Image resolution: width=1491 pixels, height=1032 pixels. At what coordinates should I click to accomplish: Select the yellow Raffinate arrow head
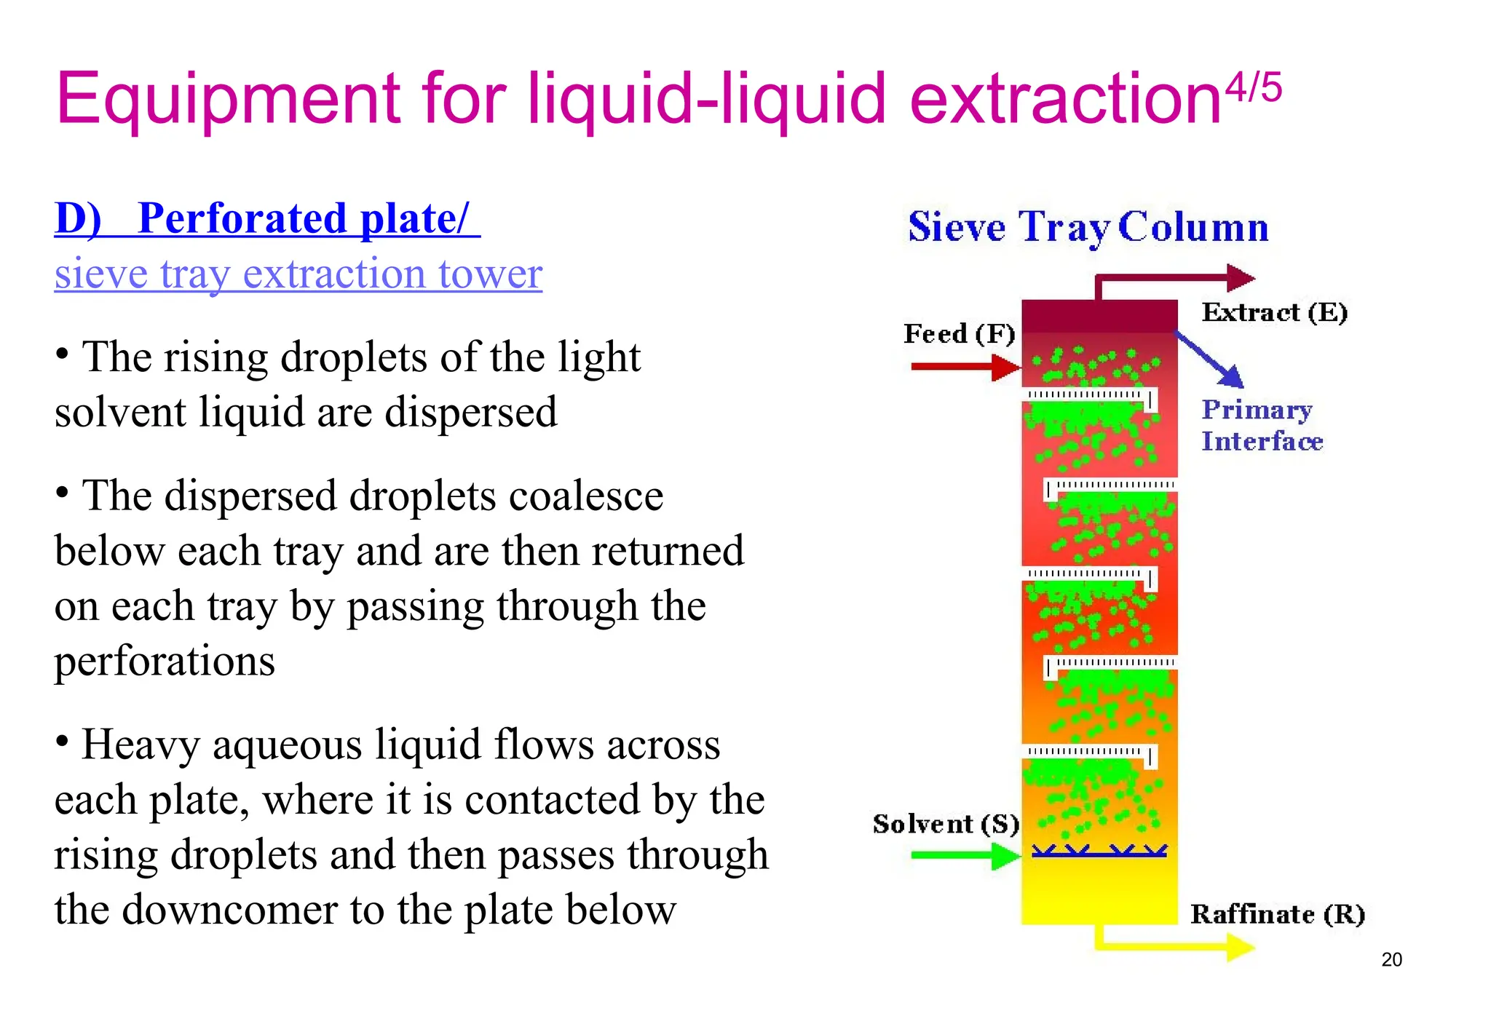pyautogui.click(x=1240, y=947)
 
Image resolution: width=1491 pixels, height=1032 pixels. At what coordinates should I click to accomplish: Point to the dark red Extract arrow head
pyautogui.click(x=1241, y=277)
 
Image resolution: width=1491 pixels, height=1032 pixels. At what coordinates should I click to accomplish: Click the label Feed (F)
pyautogui.click(x=959, y=334)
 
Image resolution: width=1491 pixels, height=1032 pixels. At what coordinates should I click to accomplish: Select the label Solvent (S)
pyautogui.click(x=946, y=824)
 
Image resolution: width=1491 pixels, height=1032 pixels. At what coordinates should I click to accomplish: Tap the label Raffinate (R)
pyautogui.click(x=1277, y=914)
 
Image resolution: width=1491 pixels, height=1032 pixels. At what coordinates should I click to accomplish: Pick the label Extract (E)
pyautogui.click(x=1274, y=312)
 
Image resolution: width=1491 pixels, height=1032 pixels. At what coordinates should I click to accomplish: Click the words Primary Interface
pyautogui.click(x=1261, y=425)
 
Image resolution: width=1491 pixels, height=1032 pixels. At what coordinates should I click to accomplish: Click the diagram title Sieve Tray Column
pyautogui.click(x=1088, y=227)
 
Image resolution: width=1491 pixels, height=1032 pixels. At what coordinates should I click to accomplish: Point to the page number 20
pyautogui.click(x=1391, y=959)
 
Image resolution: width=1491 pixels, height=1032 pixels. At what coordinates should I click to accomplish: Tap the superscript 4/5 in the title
pyautogui.click(x=1254, y=89)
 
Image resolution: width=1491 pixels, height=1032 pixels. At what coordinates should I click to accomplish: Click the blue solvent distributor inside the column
pyautogui.click(x=1099, y=851)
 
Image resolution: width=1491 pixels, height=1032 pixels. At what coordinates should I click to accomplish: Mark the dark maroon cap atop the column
pyautogui.click(x=1099, y=316)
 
